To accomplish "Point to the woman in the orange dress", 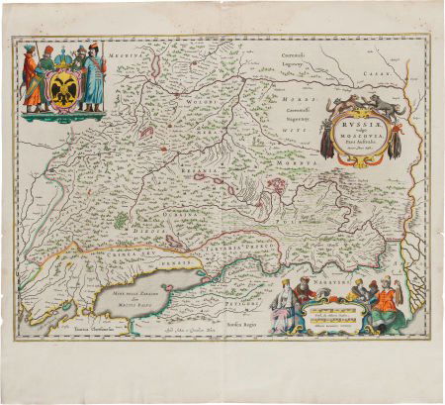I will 387,302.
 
